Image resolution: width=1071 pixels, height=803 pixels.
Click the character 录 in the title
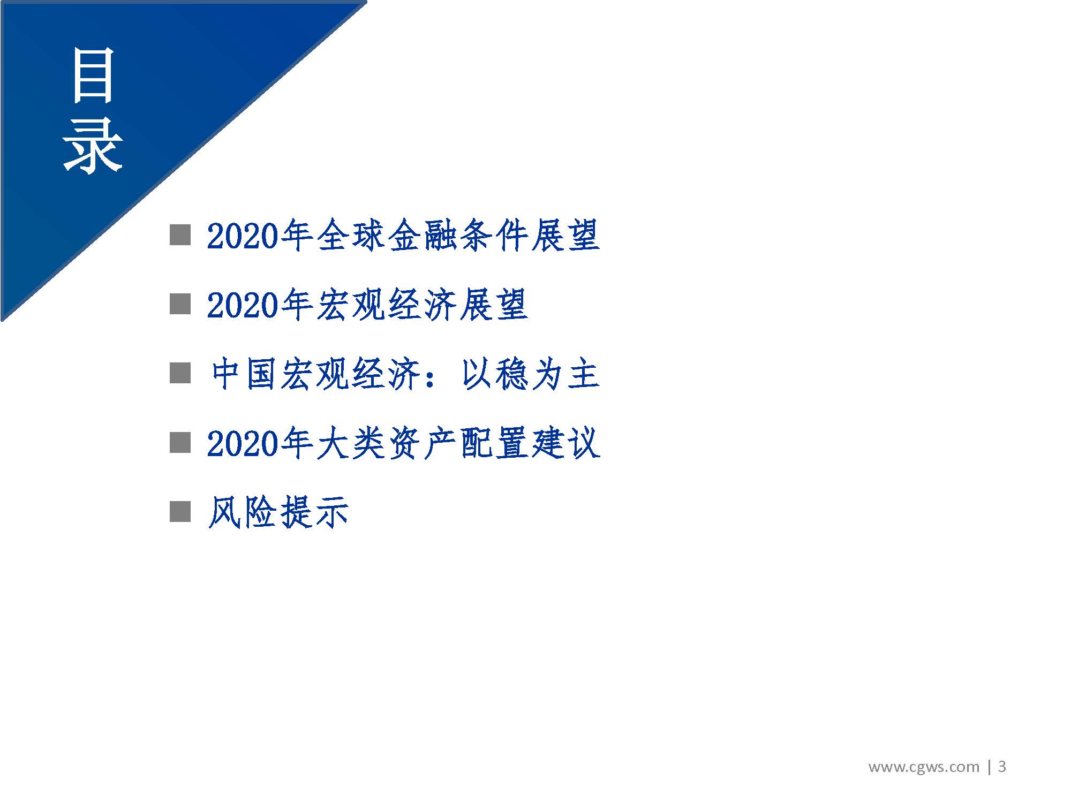click(x=93, y=146)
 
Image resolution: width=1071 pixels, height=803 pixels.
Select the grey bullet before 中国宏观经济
click(x=180, y=373)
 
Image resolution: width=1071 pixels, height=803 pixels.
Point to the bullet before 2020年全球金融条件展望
click(x=180, y=234)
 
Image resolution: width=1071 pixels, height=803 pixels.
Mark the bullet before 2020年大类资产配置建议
click(x=180, y=442)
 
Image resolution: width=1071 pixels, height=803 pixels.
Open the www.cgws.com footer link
click(x=923, y=767)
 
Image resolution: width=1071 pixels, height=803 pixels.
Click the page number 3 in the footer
click(x=1002, y=767)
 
